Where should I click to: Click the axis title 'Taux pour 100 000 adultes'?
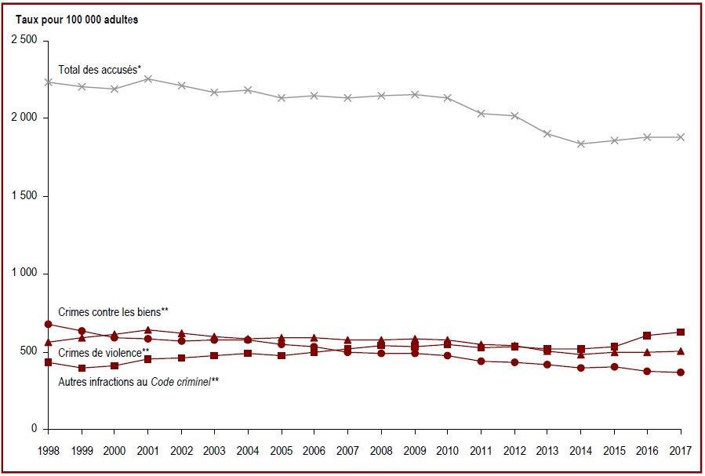77,20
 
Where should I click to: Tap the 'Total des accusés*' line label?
100,70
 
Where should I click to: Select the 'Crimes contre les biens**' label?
113,312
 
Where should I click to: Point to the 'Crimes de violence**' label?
104,353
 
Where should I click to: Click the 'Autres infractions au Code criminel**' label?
139,382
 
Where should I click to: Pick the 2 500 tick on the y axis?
24,41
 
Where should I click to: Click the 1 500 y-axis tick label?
24,196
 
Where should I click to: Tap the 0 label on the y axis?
35,429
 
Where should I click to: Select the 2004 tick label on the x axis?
248,451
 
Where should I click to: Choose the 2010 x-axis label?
447,451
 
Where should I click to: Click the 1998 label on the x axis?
48,451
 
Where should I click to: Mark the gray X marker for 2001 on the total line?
148,79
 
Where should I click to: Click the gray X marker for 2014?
580,144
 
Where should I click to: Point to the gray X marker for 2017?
680,137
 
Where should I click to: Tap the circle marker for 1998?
48,324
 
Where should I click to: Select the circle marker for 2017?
680,372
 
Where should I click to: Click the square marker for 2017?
680,332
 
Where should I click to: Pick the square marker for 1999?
82,368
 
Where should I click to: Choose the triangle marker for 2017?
680,351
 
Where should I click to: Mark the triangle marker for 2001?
148,330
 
